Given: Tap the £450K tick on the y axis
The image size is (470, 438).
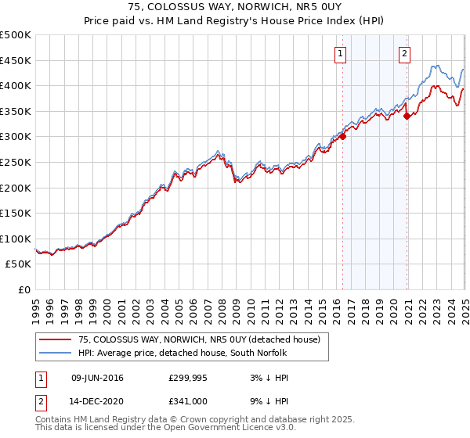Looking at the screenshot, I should point(16,60).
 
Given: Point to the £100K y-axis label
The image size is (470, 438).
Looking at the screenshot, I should point(16,239).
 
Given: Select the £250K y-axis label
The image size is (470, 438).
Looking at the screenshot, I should point(16,162).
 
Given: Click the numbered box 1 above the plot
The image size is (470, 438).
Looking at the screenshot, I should point(342,54).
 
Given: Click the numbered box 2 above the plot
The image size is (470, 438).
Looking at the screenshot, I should point(405,54).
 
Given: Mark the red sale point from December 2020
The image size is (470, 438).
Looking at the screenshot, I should point(407,116).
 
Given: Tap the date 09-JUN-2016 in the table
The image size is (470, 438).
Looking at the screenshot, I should point(97,379).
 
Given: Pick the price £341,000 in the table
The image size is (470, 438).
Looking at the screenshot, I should point(188,400).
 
